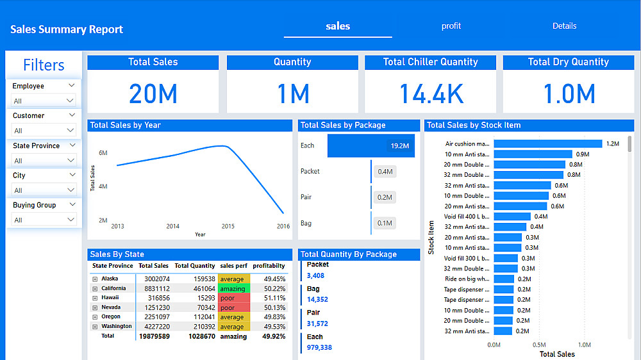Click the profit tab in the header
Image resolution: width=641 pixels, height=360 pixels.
tap(451, 26)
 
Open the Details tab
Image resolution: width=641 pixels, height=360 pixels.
tap(564, 26)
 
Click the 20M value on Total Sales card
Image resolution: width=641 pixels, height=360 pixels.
tap(153, 94)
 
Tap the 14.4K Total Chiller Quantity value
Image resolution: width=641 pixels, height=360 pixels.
tap(431, 94)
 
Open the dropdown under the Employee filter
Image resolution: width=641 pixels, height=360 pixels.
tap(44, 101)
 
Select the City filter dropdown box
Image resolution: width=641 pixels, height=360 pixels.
tap(44, 190)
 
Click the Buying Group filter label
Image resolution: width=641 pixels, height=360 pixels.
tap(35, 205)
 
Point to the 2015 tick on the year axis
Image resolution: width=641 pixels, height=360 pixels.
tap(228, 226)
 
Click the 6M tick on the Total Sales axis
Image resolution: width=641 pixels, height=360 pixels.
tap(103, 153)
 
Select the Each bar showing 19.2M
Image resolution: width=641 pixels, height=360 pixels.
tap(370, 145)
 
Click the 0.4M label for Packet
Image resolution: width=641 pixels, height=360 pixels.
tap(385, 172)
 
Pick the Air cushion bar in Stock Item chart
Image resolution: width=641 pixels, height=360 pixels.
tap(548, 144)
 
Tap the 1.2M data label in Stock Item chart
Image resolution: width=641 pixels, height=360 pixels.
tap(613, 144)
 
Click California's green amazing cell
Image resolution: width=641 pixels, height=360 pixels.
tap(233, 289)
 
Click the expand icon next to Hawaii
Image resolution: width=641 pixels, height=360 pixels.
tap(95, 298)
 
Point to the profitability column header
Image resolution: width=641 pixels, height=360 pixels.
tap(269, 266)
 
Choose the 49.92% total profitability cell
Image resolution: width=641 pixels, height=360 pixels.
tap(269, 336)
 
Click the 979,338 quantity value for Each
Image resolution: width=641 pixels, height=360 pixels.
tap(319, 348)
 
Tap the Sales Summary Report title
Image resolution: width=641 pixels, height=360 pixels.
tap(67, 29)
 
